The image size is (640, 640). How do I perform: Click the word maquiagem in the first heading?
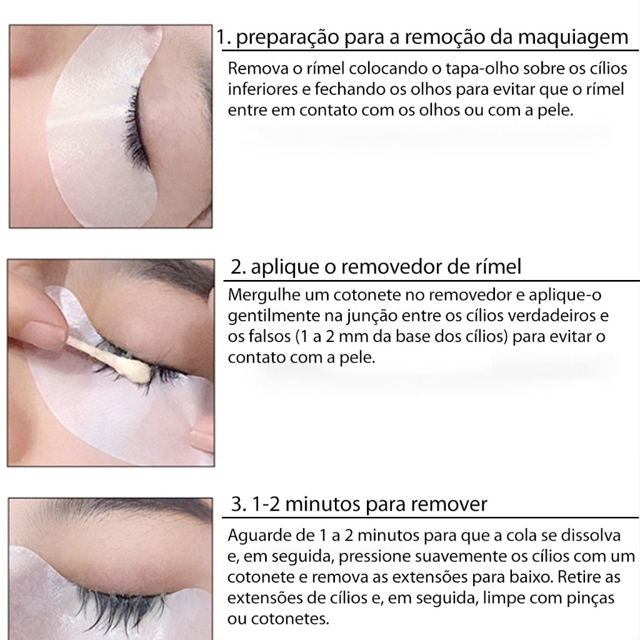[x=572, y=38]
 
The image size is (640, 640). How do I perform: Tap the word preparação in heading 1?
[x=287, y=38]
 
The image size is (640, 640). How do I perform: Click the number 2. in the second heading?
[x=238, y=267]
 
